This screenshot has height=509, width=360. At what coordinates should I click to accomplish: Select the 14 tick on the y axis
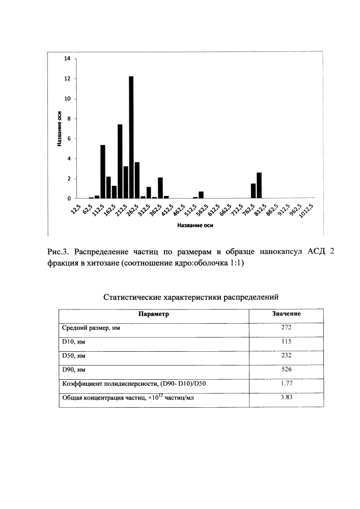[x=67, y=59]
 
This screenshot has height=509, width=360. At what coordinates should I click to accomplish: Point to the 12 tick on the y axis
[x=67, y=79]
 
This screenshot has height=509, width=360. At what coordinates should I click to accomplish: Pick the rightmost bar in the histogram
[x=259, y=185]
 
